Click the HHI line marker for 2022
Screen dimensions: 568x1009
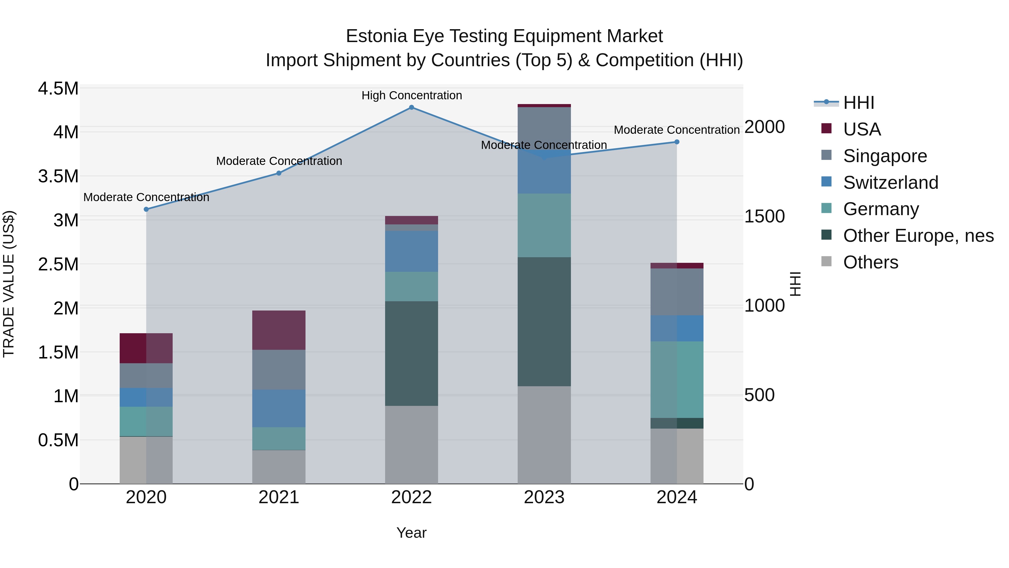[411, 107]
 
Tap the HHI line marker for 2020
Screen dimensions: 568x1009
[146, 209]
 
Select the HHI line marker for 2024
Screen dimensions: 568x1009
[677, 142]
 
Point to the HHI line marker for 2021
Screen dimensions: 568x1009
[279, 173]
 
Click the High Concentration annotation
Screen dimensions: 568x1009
[411, 95]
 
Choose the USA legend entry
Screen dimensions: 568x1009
[862, 129]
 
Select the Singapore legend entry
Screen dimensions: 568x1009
[885, 156]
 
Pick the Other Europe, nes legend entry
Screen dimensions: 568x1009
[918, 236]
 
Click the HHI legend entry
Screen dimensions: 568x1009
[858, 103]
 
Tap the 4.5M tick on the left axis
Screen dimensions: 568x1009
[58, 89]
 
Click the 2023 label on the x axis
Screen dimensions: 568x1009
[544, 497]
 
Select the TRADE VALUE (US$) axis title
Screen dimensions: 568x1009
[9, 284]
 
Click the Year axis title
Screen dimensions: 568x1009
[411, 533]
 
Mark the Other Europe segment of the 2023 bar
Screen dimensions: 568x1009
[544, 321]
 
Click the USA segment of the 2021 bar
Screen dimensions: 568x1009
[279, 330]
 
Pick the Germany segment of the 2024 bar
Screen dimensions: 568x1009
[677, 380]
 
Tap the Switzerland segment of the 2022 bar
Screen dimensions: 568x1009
[411, 251]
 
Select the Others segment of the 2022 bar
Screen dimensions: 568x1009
[411, 445]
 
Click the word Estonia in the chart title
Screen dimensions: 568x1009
[376, 36]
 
